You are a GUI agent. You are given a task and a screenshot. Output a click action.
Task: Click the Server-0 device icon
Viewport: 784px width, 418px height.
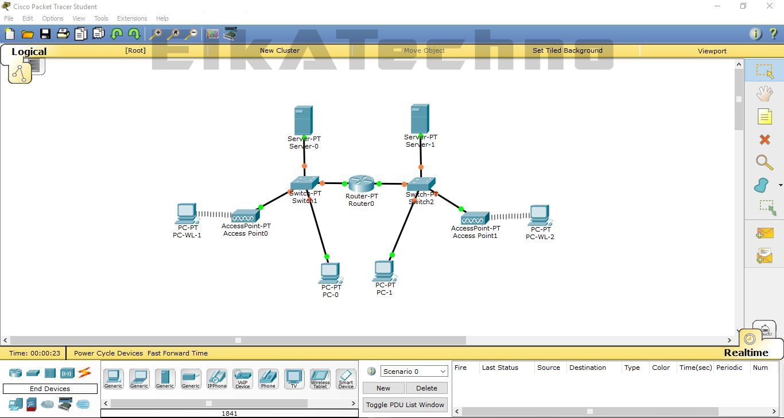pos(303,120)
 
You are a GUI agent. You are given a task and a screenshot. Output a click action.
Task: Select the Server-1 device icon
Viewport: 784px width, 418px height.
pos(420,118)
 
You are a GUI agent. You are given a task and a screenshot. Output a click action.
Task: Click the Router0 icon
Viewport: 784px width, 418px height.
pos(361,183)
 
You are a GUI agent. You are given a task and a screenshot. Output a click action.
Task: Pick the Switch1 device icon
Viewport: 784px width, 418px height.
pos(304,183)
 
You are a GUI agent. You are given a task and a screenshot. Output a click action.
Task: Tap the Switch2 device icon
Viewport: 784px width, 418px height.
pos(421,184)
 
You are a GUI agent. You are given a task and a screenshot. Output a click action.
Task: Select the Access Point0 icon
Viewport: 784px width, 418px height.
pos(245,216)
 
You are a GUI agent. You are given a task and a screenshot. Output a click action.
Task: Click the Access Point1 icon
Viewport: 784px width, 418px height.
pos(475,218)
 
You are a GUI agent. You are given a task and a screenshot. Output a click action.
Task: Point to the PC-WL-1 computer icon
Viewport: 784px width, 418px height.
pos(187,213)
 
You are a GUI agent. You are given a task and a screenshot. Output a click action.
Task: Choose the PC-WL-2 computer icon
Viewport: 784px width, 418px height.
pos(540,216)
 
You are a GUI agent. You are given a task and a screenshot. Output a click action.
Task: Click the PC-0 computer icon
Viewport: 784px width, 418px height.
pos(330,273)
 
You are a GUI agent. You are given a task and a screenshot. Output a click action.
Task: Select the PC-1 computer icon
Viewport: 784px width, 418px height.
pos(384,271)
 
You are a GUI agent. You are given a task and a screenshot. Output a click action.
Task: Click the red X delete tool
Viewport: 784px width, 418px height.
pos(764,139)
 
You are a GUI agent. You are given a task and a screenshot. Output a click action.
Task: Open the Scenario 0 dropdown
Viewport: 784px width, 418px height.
pos(414,372)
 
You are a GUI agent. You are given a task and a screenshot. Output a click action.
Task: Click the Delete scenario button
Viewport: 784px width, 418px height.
pos(426,388)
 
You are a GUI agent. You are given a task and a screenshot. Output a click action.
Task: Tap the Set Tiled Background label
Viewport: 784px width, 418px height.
pos(567,50)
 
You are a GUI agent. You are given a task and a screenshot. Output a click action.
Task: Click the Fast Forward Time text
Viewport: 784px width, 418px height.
pos(177,353)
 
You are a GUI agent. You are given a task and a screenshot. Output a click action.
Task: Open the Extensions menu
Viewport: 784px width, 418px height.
pos(132,18)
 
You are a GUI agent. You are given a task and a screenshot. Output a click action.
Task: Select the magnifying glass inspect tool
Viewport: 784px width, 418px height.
pos(764,162)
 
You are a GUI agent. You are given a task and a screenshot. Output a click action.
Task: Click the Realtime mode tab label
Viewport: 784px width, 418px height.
pos(746,353)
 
